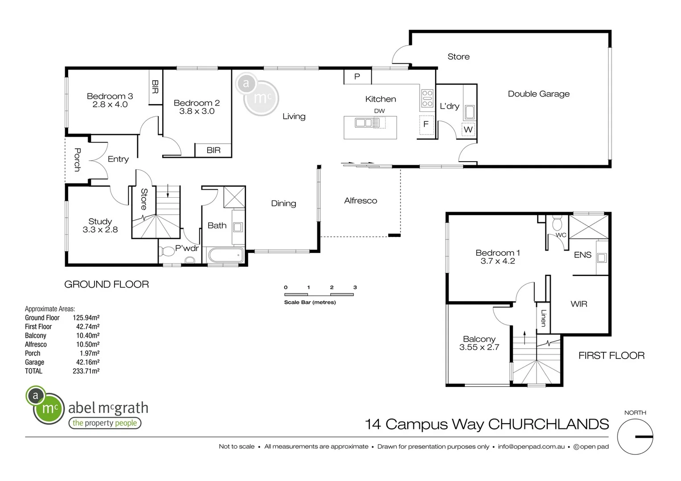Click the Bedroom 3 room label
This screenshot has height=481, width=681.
(x=110, y=96)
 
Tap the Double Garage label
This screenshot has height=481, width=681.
(x=538, y=94)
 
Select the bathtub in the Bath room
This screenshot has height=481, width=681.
(x=226, y=256)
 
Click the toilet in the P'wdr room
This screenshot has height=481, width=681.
(x=167, y=252)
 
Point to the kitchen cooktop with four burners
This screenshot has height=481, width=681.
(x=427, y=98)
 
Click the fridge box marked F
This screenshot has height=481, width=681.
(x=426, y=124)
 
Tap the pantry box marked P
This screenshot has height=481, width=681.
(x=357, y=77)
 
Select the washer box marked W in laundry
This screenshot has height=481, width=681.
(x=468, y=130)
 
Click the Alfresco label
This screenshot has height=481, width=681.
(x=360, y=201)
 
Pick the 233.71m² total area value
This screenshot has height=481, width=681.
(x=86, y=371)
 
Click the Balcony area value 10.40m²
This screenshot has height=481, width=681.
(x=88, y=335)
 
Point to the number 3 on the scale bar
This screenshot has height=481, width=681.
(x=355, y=287)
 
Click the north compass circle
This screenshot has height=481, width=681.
(x=635, y=436)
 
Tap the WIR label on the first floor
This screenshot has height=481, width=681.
(x=578, y=304)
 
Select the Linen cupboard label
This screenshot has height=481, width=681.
(x=543, y=318)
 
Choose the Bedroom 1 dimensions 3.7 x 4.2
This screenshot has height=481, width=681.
(x=497, y=261)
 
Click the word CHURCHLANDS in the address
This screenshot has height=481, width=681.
(x=549, y=424)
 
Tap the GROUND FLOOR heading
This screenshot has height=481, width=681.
(x=107, y=285)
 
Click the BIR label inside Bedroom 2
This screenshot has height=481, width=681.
(x=213, y=151)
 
